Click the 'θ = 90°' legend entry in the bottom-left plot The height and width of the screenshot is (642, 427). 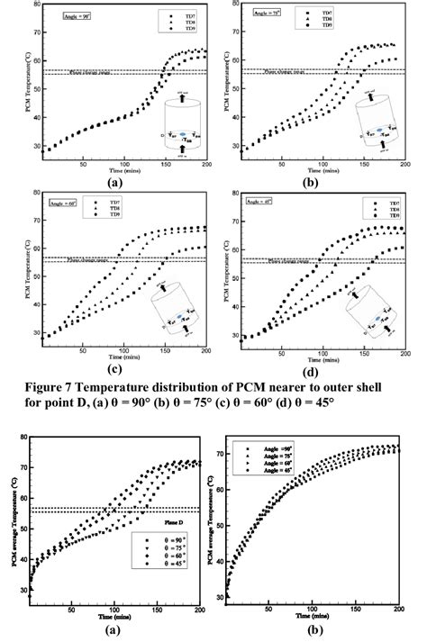click(x=162, y=564)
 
